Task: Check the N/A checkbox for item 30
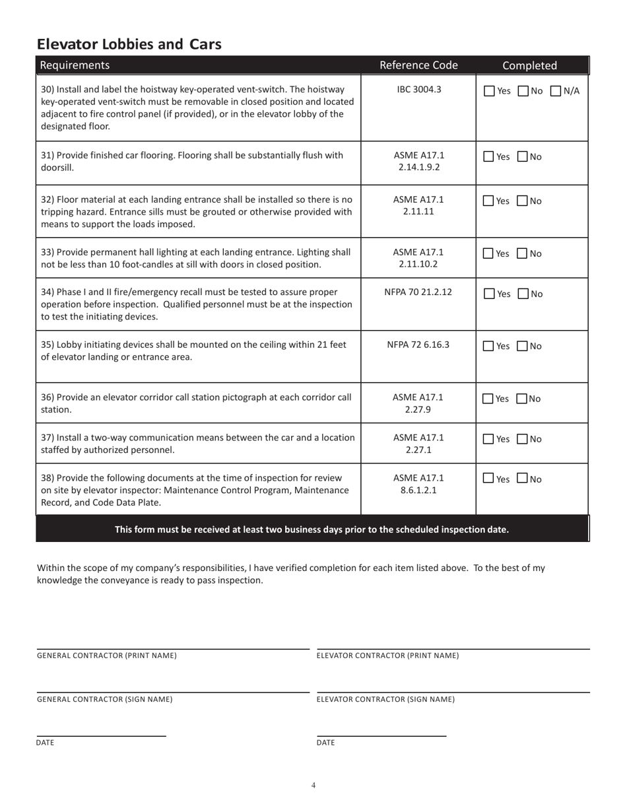pos(556,91)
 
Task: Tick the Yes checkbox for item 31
pos(488,157)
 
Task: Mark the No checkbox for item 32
pos(523,201)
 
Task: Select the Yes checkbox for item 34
pos(488,294)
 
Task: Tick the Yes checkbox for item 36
pos(488,399)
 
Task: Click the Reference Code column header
pos(418,65)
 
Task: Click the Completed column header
pos(529,65)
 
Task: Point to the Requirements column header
pos(75,65)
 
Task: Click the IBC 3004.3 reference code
pos(418,89)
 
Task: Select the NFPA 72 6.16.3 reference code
pos(418,345)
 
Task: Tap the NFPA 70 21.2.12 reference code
pos(418,292)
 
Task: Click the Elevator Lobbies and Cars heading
pos(129,44)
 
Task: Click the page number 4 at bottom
pos(313,785)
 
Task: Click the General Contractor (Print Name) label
pos(107,656)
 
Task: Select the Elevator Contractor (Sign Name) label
pos(385,699)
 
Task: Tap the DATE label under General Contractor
pos(45,743)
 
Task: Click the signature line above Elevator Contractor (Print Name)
pos(453,649)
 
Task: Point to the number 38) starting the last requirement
pos(48,478)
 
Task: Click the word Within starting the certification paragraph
pos(51,568)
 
